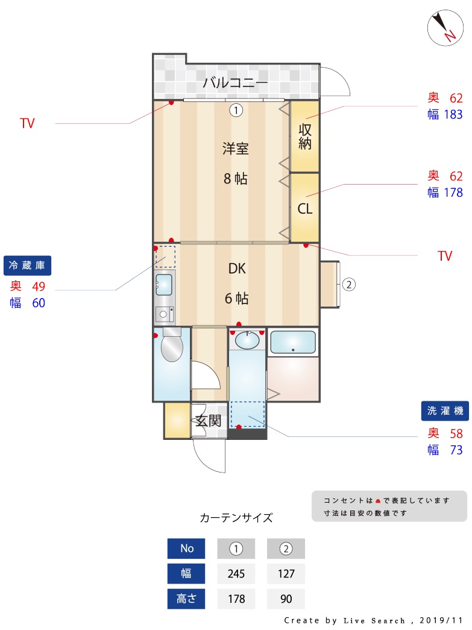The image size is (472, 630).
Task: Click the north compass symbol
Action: point(445,27)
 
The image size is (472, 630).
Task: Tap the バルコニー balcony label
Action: point(235,83)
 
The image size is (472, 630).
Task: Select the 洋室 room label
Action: point(236,148)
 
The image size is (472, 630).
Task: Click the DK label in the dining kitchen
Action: point(237,269)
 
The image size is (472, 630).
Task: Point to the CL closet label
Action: point(304,209)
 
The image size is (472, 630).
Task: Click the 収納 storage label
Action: point(304,136)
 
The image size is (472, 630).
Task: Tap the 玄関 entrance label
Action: point(209,421)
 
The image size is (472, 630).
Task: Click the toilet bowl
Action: point(172,347)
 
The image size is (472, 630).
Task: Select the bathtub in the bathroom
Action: point(293,342)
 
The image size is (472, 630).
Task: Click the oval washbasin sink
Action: point(247,340)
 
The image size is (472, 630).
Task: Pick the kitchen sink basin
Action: point(163,284)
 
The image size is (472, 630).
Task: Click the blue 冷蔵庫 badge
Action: point(27,266)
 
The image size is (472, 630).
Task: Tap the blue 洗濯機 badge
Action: point(445,411)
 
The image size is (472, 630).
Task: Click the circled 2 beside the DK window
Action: point(349,284)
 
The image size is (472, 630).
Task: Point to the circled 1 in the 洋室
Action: point(236,110)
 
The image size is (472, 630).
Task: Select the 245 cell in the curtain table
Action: point(236,573)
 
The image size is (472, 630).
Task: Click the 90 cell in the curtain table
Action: point(286,599)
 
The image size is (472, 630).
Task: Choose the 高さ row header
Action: point(186,599)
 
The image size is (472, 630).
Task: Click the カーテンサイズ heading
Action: point(236,518)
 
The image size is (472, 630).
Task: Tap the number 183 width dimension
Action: point(453,115)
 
